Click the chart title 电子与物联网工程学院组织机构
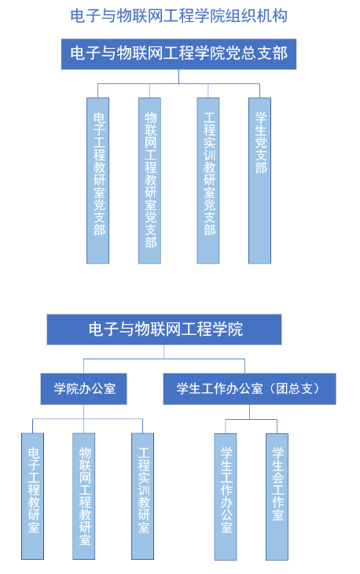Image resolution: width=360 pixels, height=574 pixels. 179,16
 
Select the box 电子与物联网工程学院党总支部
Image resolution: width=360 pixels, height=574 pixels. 178,53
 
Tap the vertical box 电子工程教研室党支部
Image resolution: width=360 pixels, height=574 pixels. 97,181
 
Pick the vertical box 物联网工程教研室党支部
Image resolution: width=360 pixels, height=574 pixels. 149,181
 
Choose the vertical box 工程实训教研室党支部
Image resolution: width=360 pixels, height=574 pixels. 208,181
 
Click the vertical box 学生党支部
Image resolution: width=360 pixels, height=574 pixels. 259,181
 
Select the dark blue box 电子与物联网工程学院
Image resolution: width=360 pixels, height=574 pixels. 164,329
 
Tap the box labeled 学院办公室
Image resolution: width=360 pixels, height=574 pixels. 84,388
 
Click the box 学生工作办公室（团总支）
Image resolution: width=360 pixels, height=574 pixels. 249,388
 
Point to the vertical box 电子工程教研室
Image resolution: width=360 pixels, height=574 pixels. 32,496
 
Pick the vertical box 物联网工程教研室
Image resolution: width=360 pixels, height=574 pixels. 84,496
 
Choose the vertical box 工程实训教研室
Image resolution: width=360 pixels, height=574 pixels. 143,496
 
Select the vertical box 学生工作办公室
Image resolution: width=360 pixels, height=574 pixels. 226,497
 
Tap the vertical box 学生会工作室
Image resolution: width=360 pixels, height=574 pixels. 277,497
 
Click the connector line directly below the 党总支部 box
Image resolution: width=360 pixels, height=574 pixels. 179,76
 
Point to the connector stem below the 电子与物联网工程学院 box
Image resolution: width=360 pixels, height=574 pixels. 164,351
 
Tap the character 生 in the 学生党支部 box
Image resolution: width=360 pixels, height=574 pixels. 260,131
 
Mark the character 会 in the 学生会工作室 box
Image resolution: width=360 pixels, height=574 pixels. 278,477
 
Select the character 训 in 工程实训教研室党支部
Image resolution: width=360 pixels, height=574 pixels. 209,155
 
